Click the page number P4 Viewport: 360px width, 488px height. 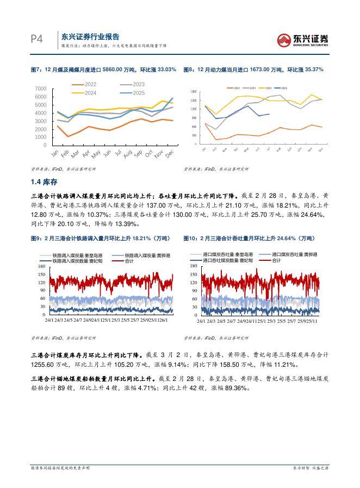tap(37, 40)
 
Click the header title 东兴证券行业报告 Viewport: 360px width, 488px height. tap(90, 36)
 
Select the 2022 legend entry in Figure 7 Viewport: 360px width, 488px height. tap(89, 84)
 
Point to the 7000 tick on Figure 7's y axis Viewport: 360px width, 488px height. tap(40, 88)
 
